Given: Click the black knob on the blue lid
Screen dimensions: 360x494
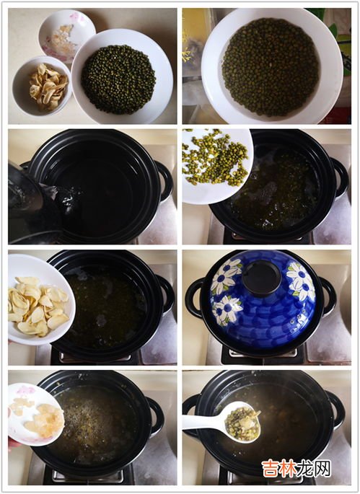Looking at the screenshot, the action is click(x=261, y=278).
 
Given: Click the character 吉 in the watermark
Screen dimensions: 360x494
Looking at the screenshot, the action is click(x=270, y=469).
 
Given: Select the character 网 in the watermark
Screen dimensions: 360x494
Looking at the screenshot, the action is click(x=322, y=469).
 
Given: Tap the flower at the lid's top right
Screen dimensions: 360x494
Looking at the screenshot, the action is click(x=301, y=282).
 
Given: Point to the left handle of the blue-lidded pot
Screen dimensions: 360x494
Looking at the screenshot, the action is click(x=194, y=298).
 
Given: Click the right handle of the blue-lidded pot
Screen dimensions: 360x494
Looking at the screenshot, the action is click(x=328, y=296).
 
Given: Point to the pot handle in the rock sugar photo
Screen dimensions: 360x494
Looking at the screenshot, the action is click(x=156, y=416).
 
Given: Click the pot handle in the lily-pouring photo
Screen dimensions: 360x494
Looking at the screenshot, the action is click(x=167, y=296).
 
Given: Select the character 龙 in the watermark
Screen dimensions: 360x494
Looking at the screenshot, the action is click(x=305, y=469).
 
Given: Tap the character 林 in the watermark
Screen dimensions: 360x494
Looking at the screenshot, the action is click(x=288, y=469).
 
